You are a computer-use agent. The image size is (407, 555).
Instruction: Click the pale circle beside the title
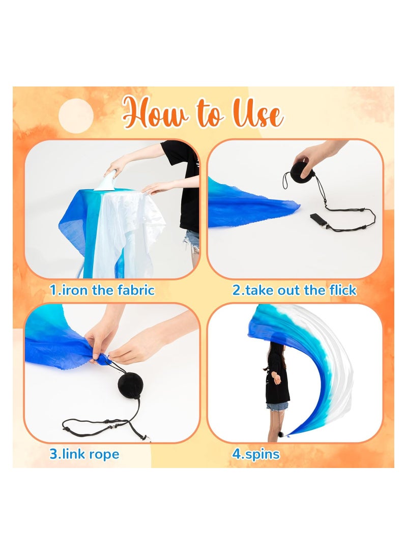click(x=76, y=116)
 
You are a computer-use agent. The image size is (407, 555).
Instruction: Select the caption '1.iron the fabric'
click(x=102, y=290)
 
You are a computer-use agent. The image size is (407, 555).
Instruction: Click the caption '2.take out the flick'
click(x=295, y=290)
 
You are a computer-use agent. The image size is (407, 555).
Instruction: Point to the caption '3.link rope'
click(x=84, y=454)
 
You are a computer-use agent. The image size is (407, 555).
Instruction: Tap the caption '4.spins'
click(x=256, y=454)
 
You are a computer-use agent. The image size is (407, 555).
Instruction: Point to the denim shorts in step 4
click(x=277, y=406)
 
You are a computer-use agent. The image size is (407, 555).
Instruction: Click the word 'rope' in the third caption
click(x=104, y=454)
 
